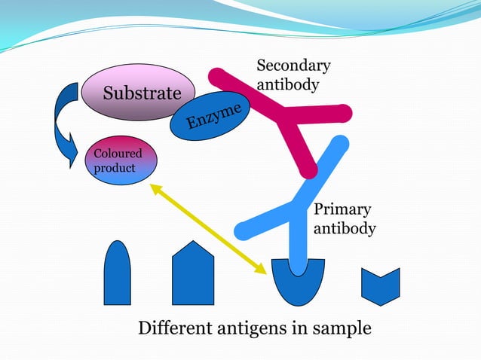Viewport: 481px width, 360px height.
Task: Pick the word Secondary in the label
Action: pos(293,66)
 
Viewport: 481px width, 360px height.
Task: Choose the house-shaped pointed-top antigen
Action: pos(193,275)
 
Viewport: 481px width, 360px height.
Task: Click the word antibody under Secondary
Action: pos(287,84)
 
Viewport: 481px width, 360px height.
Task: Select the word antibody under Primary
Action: pos(344,227)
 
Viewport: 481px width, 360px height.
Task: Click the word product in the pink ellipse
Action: pos(114,167)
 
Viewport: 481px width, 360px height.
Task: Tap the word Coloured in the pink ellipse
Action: pos(117,154)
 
